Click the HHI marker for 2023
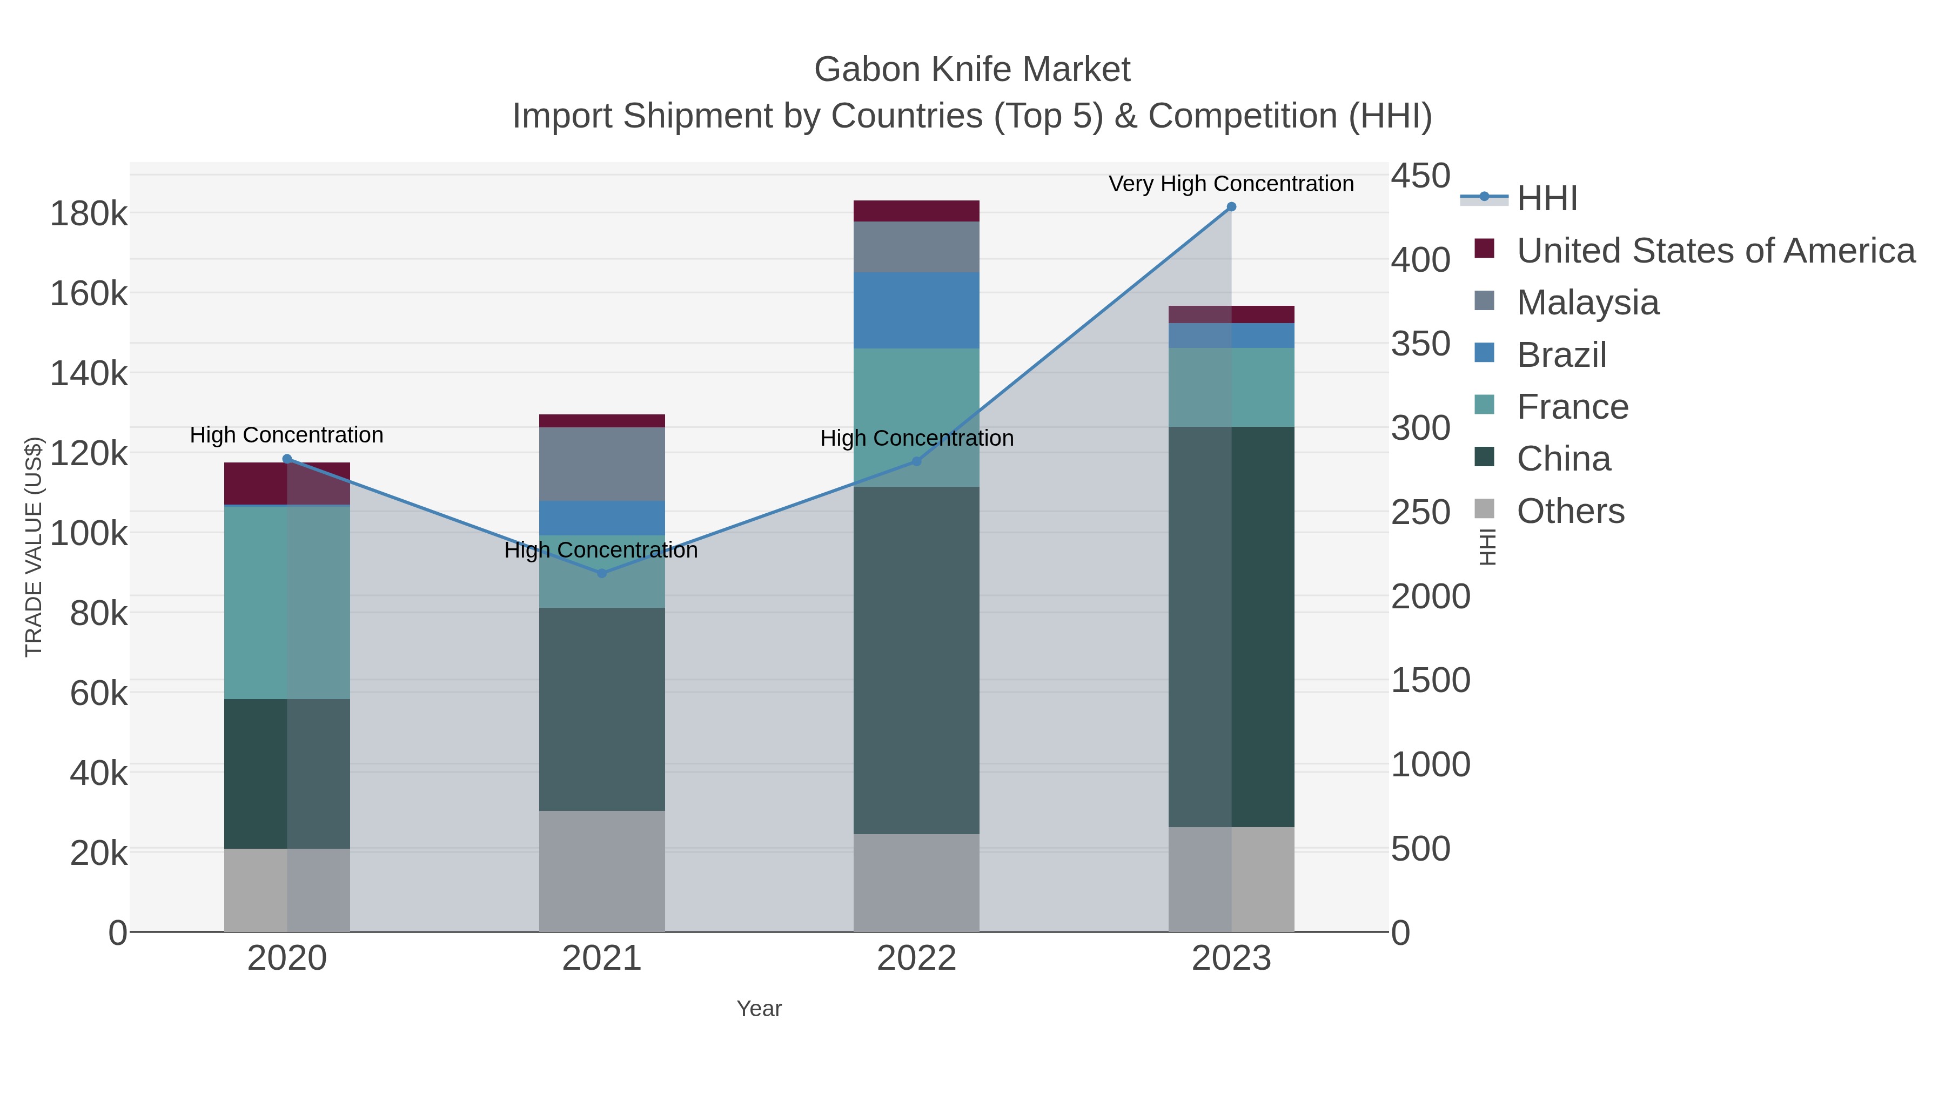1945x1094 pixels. click(x=1231, y=207)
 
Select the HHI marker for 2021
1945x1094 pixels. click(x=602, y=573)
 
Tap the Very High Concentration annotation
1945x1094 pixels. click(x=1231, y=184)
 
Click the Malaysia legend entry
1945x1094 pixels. click(x=1587, y=303)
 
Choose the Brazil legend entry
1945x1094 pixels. click(x=1561, y=355)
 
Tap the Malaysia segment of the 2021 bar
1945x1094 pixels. click(x=602, y=464)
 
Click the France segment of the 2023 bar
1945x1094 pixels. click(x=1231, y=387)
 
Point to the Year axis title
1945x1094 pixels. click(x=759, y=1009)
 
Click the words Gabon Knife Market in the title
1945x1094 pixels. click(x=972, y=70)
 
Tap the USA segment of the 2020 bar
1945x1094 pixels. click(x=287, y=483)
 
